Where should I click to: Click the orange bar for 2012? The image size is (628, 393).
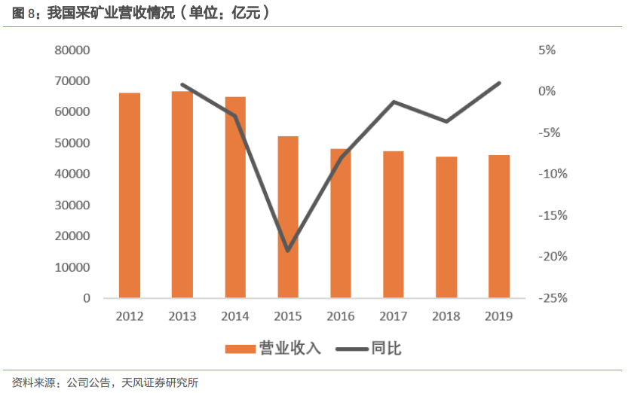click(x=130, y=196)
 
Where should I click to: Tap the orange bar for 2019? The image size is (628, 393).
click(x=499, y=227)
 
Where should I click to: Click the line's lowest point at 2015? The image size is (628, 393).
click(x=288, y=251)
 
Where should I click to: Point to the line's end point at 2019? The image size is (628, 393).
click(x=499, y=83)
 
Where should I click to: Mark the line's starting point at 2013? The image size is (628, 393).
click(x=182, y=84)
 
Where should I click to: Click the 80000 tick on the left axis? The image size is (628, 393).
click(x=72, y=50)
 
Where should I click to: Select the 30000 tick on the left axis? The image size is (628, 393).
click(x=72, y=206)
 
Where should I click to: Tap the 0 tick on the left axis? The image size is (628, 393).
click(x=87, y=298)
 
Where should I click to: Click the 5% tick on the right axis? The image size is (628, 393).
click(x=547, y=50)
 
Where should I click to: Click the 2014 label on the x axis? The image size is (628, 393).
click(x=235, y=317)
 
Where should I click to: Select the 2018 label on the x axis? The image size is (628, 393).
click(x=446, y=317)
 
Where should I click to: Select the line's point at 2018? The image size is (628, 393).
click(x=446, y=121)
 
